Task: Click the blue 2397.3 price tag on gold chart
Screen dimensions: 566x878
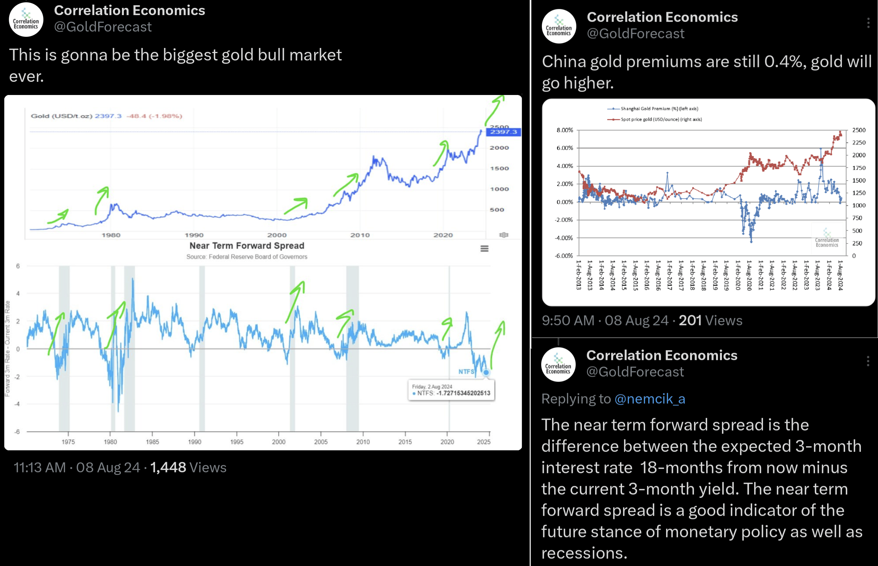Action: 503,132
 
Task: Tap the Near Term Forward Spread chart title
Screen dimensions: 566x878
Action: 246,246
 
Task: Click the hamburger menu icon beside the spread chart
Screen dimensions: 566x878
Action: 484,249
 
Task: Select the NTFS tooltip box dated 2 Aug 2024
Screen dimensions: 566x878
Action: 451,390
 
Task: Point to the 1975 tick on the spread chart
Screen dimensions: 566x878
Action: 68,441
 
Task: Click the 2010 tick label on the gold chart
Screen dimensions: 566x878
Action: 360,235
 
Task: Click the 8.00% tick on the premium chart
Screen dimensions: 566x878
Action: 564,130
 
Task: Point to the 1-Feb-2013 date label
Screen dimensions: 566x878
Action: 579,275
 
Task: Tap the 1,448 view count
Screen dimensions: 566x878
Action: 168,467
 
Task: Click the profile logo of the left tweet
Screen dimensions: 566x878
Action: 26,20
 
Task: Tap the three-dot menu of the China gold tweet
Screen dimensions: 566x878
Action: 868,23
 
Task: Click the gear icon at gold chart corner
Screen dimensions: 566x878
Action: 504,234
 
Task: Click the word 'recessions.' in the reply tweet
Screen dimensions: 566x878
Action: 584,553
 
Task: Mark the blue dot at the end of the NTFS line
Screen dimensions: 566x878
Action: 486,372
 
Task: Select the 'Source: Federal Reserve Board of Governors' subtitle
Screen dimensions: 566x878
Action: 246,256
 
